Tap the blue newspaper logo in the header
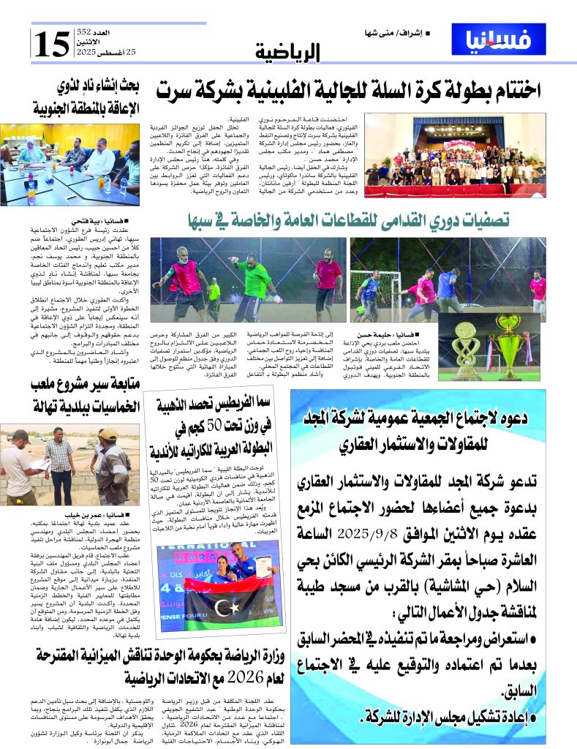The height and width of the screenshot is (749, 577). pyautogui.click(x=499, y=39)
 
